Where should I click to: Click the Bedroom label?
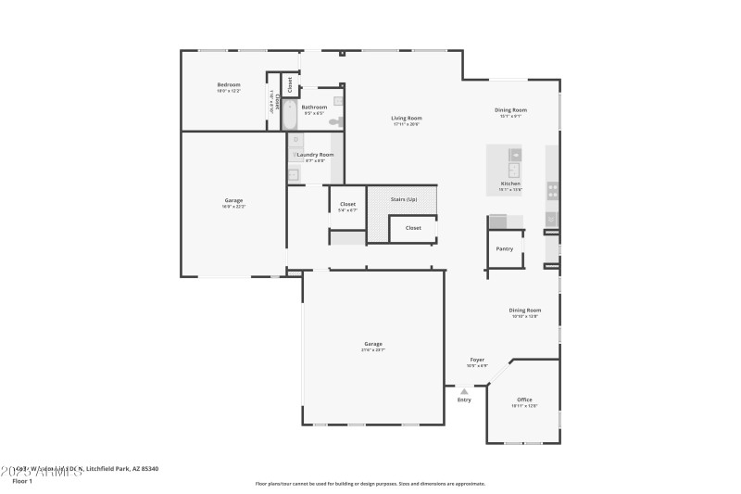pos(229,84)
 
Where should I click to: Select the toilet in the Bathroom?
pos(335,121)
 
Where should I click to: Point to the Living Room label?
pos(407,118)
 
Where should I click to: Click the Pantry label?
pos(505,248)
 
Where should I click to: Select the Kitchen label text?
pos(510,184)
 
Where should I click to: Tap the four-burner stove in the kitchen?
pos(553,190)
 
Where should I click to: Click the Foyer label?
pos(477,360)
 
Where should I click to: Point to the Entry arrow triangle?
pos(464,391)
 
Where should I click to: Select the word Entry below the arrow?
pos(464,399)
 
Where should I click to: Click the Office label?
pos(524,399)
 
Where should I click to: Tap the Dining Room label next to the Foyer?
pos(524,310)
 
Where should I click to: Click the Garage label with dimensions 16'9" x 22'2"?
pos(233,200)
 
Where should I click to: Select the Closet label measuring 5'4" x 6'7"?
pos(347,204)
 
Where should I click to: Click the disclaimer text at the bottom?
pos(370,483)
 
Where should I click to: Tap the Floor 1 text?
pos(21,481)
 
